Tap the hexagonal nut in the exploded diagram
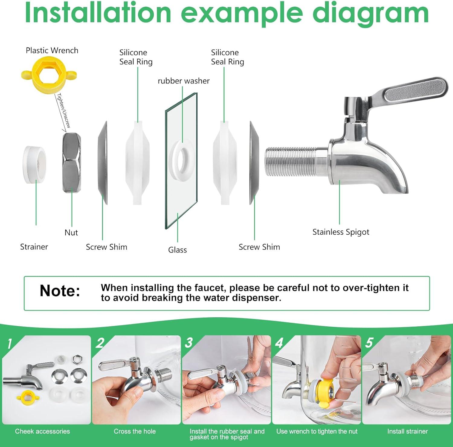(x=72, y=163)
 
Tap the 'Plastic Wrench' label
(x=52, y=51)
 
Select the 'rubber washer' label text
(x=184, y=81)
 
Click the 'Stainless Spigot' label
(x=341, y=232)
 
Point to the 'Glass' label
(x=178, y=250)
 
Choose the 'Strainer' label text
(x=34, y=247)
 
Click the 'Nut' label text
(x=71, y=233)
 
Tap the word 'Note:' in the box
(x=60, y=291)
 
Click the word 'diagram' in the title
(x=371, y=13)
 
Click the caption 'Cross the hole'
(x=135, y=431)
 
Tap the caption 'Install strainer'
(x=407, y=431)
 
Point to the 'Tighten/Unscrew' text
(x=64, y=110)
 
